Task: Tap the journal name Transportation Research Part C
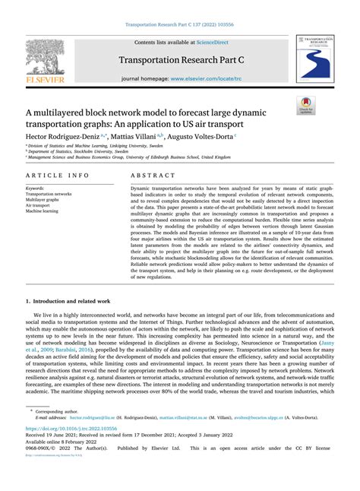click(x=180, y=60)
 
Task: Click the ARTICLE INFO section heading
click(x=58, y=175)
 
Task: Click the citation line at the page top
click(x=180, y=24)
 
